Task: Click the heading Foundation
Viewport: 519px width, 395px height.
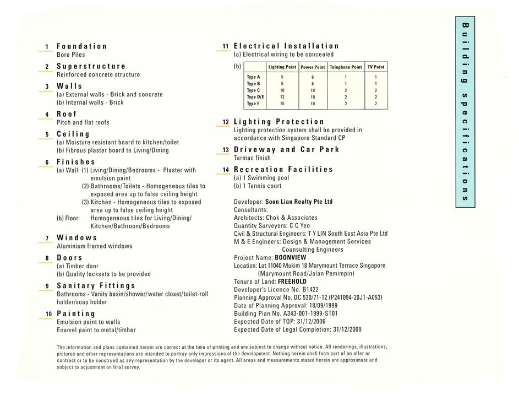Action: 81,46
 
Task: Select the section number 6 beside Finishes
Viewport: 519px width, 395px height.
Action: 47,163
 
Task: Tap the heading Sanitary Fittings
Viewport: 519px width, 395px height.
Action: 96,286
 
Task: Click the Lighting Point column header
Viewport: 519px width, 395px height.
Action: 282,67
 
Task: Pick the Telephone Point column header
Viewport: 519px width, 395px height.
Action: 346,67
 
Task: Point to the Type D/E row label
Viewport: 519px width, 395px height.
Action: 255,97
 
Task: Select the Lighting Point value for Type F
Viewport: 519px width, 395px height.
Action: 282,104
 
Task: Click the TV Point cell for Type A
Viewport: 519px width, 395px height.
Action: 376,77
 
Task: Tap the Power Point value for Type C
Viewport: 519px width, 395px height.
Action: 313,90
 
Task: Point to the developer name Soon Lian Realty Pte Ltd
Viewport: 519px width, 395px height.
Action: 299,202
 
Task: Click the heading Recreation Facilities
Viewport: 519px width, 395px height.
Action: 283,170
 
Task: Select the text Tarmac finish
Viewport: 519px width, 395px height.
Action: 252,158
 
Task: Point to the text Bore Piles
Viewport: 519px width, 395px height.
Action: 71,55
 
